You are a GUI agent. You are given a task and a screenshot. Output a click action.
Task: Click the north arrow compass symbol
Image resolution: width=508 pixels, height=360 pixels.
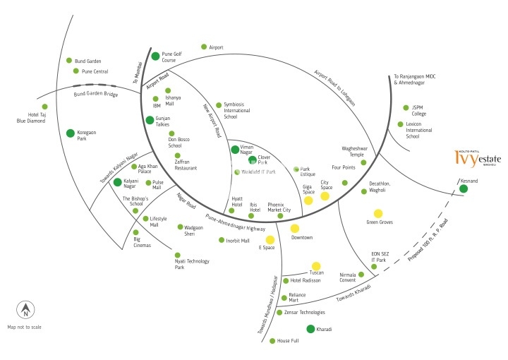coord(25,309)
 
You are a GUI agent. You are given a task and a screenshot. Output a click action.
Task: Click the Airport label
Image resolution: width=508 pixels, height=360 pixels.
coord(216,47)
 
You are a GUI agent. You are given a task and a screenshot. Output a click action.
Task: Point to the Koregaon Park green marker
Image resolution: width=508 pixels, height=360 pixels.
coord(71,133)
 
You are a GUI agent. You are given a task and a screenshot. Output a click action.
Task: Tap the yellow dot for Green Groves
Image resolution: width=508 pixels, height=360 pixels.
coord(378,213)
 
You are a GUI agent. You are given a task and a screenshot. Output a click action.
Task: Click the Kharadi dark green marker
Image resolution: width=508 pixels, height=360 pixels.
coord(310,329)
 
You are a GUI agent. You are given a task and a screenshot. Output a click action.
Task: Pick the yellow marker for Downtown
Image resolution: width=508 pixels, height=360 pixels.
coord(295,228)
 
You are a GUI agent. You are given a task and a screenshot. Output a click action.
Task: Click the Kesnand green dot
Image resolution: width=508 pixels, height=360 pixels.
coord(464,188)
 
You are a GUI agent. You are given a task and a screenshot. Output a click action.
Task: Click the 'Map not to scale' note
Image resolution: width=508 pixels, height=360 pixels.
coord(25,328)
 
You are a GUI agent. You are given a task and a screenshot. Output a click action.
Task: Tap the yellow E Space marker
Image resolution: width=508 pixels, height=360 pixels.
coord(270,240)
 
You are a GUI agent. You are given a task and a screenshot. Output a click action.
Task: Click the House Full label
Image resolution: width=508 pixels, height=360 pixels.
coord(288,341)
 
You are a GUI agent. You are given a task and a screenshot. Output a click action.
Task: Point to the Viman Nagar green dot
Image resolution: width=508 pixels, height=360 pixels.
coord(235,149)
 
